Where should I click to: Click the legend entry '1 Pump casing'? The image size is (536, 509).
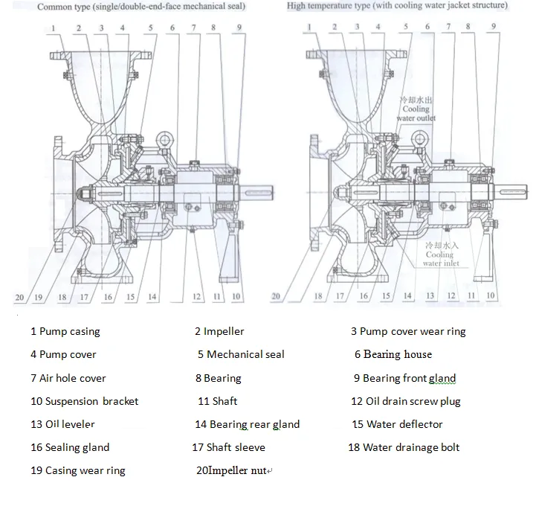[65, 331]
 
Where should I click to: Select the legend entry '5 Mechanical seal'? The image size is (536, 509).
[241, 354]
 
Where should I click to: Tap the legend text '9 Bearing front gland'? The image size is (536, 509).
[404, 378]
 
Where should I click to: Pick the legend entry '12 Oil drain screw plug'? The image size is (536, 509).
[405, 401]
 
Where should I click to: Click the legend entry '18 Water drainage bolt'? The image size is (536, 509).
[404, 447]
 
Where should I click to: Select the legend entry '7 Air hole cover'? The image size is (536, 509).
[68, 378]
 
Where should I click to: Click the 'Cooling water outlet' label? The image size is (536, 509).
[416, 109]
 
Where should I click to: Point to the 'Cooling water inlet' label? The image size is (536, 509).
[437, 254]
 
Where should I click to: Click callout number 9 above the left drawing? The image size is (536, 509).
[239, 28]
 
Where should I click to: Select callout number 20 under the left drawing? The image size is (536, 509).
[19, 298]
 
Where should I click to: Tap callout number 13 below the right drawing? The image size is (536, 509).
[430, 296]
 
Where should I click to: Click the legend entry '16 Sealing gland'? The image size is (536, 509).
[69, 447]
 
